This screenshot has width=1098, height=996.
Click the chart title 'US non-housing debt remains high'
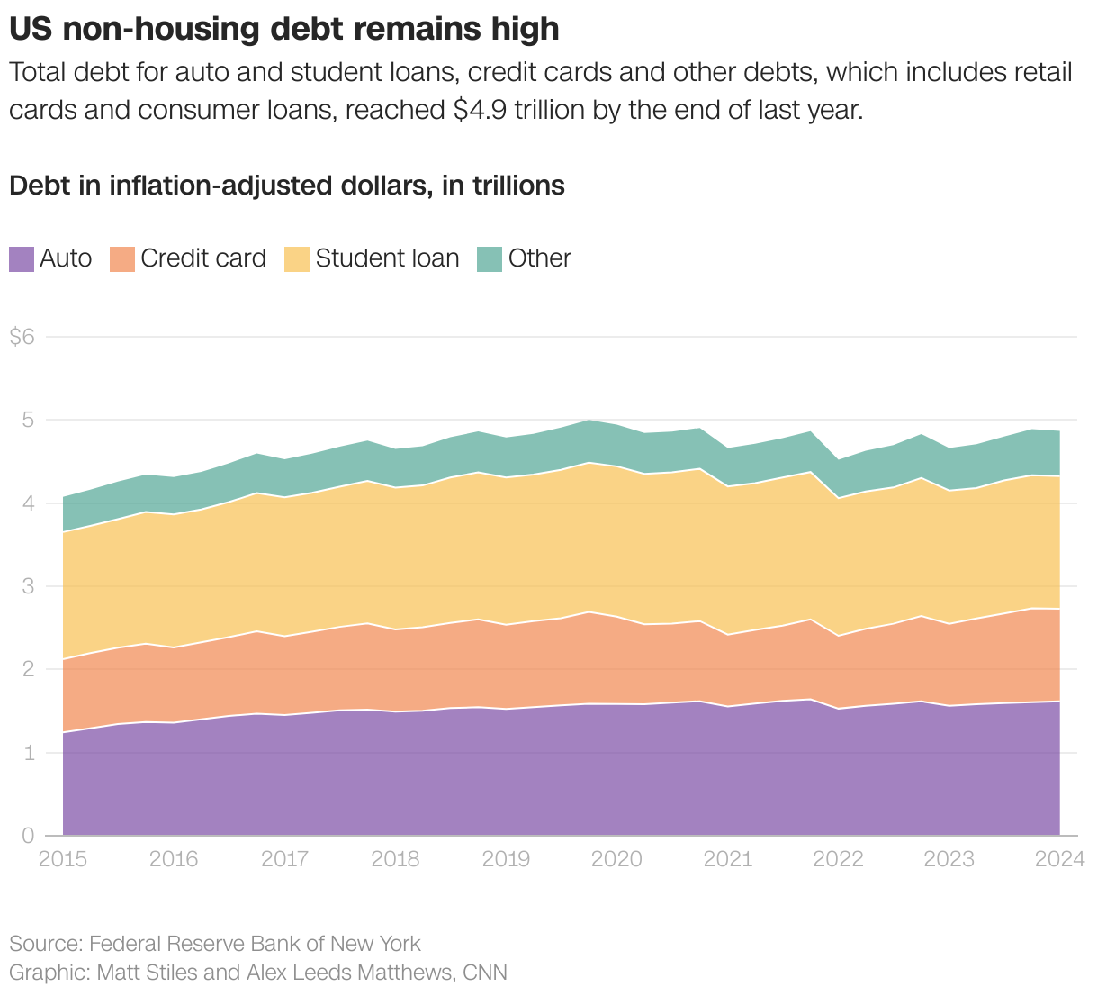284,29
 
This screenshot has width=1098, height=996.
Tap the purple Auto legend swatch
22,259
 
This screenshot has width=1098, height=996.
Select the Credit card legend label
203,258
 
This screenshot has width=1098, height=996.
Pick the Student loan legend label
387,258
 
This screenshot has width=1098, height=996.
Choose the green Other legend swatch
489,259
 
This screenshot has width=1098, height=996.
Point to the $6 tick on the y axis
22,337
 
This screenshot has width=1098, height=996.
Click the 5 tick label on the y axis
28,421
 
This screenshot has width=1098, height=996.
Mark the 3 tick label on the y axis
28,586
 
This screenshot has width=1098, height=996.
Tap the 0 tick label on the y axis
28,836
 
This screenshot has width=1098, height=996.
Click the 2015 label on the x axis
63,859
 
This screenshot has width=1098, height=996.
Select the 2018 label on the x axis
395,859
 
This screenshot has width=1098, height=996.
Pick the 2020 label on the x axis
616,859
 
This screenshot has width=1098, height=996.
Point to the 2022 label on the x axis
838,859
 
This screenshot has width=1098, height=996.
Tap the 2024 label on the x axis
1059,859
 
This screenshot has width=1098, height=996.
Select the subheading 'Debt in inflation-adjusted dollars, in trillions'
287,186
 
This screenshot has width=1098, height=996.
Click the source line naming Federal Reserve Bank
215,944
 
